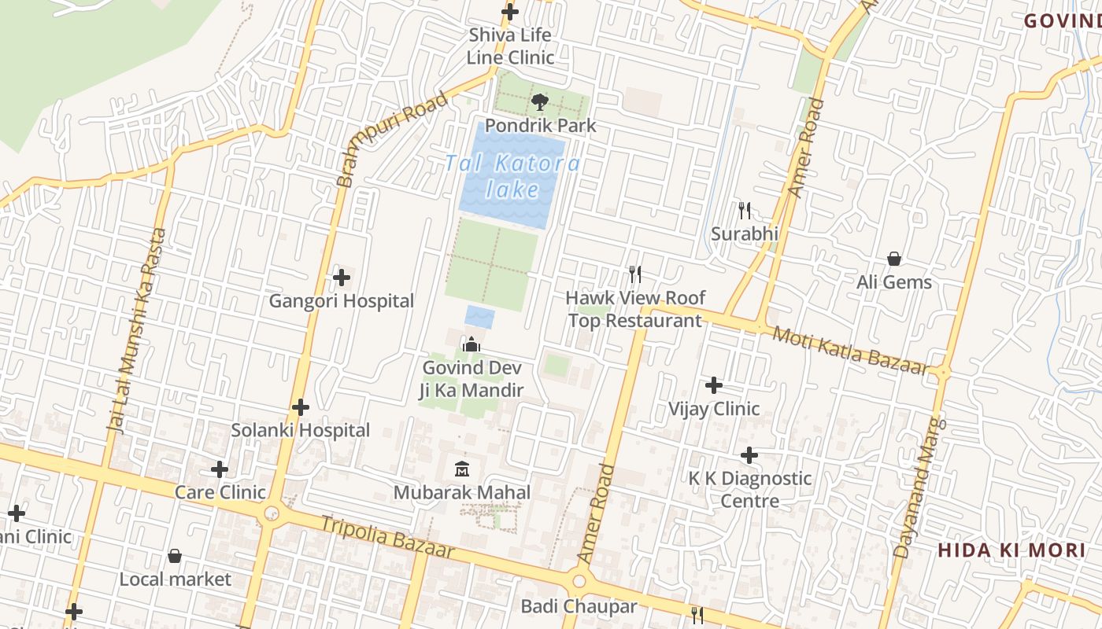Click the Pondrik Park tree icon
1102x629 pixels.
point(540,101)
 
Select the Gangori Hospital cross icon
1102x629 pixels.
point(342,278)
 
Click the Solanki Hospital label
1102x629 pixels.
point(300,430)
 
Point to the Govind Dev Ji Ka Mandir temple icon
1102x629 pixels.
point(471,344)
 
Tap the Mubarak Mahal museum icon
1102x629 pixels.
point(462,469)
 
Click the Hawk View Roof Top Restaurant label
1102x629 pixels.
point(635,309)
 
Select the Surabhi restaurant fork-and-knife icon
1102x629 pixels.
point(745,210)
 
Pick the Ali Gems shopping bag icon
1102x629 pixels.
point(894,259)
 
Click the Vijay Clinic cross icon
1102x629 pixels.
point(714,385)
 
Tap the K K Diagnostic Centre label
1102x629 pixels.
point(749,489)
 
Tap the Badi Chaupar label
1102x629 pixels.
point(579,606)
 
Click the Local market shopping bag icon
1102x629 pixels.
point(175,556)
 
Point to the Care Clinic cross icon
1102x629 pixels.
point(220,470)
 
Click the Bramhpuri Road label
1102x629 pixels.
point(391,139)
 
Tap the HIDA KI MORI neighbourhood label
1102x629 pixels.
point(1011,550)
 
